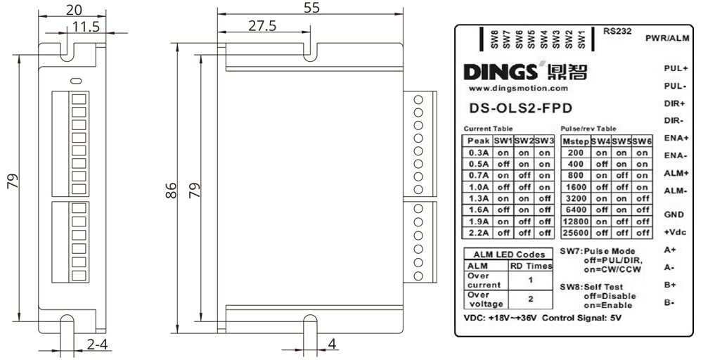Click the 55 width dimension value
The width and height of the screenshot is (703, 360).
(311, 7)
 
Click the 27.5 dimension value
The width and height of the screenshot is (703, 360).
(262, 25)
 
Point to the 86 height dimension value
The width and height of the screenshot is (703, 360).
(171, 190)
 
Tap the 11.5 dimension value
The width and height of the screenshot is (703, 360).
(86, 27)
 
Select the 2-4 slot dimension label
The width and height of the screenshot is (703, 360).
(97, 345)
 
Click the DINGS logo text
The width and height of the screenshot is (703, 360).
(500, 72)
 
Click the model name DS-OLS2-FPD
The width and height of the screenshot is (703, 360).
(520, 108)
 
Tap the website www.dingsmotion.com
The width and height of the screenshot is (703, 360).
(518, 89)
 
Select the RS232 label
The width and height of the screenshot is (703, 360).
(617, 31)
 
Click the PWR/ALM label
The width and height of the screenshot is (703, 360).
(667, 39)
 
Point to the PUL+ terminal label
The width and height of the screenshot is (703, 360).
(676, 69)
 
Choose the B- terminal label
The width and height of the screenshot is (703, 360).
(669, 302)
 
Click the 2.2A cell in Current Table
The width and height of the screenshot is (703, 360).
(479, 233)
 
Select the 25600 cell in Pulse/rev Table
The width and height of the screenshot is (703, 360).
(576, 233)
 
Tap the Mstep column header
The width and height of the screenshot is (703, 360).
(576, 141)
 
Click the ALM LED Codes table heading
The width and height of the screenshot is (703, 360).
(509, 255)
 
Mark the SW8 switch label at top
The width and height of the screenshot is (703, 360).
(494, 39)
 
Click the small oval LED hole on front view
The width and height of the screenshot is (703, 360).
(77, 81)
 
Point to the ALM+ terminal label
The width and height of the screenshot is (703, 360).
(676, 173)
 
